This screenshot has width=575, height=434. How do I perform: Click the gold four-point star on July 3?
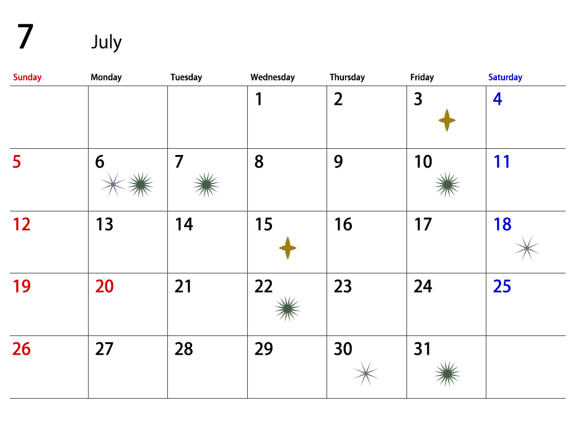[447, 120]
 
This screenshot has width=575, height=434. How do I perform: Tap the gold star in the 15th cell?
[287, 248]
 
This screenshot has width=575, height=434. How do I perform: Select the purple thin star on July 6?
[113, 185]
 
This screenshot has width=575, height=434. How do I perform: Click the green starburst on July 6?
[141, 185]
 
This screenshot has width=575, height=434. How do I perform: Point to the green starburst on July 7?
[206, 185]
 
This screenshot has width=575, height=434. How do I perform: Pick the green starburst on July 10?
[447, 185]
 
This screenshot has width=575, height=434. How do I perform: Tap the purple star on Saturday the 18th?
[527, 249]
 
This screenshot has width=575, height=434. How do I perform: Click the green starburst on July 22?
[287, 309]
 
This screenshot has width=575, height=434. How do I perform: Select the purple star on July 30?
[366, 373]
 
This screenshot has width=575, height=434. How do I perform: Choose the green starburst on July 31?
[447, 374]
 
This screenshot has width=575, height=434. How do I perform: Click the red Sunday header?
[27, 77]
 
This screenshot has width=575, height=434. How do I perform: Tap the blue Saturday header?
[505, 77]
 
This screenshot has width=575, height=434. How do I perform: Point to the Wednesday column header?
[273, 77]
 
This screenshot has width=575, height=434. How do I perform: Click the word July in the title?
[107, 42]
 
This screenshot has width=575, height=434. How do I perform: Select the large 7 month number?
[25, 36]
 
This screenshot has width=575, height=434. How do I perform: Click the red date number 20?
[105, 286]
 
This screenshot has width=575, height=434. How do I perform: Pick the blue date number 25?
[502, 286]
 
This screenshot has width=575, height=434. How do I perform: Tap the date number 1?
[259, 99]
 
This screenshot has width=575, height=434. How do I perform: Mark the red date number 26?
[21, 349]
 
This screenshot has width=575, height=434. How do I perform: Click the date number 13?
[105, 224]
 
